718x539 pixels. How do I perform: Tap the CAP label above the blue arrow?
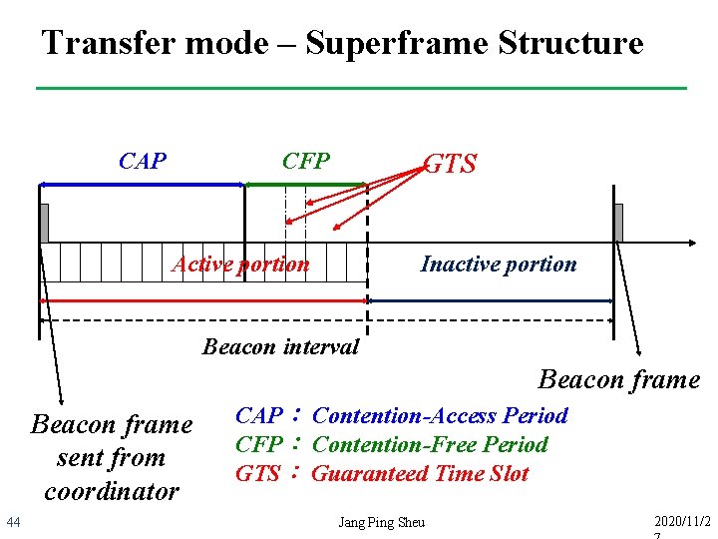(143, 162)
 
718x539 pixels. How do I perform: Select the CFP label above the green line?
(305, 162)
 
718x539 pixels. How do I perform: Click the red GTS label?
(451, 165)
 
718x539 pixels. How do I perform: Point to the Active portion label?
(240, 265)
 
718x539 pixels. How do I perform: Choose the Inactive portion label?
(499, 265)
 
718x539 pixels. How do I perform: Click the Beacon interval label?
(280, 347)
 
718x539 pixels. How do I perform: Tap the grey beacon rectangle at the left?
(44, 223)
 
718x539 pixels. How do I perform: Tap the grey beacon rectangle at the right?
(618, 223)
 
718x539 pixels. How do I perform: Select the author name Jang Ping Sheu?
(381, 522)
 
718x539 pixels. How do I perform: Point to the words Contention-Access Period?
(440, 416)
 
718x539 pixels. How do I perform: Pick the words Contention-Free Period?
(430, 445)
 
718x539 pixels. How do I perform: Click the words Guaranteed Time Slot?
(420, 474)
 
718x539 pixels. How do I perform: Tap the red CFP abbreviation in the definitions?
(258, 445)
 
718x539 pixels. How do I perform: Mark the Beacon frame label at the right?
(618, 380)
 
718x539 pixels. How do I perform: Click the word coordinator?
(112, 491)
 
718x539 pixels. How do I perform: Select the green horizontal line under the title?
(361, 89)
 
